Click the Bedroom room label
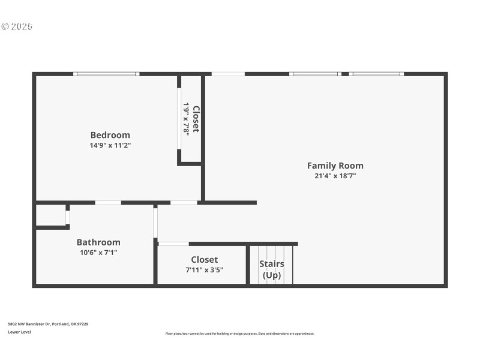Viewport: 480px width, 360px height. (x=110, y=135)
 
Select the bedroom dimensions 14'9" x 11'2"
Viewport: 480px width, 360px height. (x=110, y=145)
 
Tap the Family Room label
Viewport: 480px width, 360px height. (x=335, y=166)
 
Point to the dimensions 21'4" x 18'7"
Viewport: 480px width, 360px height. (x=335, y=176)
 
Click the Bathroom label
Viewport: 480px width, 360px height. (x=98, y=242)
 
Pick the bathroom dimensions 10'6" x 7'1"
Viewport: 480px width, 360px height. (x=98, y=253)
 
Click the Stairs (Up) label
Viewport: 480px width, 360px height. (x=271, y=269)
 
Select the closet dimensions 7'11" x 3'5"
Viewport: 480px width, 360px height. (x=204, y=270)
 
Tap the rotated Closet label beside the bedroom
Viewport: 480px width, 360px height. (x=196, y=119)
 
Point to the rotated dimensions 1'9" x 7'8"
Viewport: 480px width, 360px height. (x=187, y=119)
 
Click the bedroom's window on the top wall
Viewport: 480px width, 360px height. (x=106, y=74)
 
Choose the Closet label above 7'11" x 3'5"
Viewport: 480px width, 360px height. (x=204, y=260)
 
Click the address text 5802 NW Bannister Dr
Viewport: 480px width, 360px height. (x=48, y=324)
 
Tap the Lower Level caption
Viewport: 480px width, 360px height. (x=20, y=332)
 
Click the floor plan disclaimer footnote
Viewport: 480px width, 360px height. (x=239, y=334)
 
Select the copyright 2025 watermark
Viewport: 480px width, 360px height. (x=17, y=26)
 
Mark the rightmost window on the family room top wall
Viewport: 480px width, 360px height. (x=376, y=74)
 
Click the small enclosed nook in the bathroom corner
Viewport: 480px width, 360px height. (x=50, y=215)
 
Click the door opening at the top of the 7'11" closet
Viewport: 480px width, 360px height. (x=173, y=244)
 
